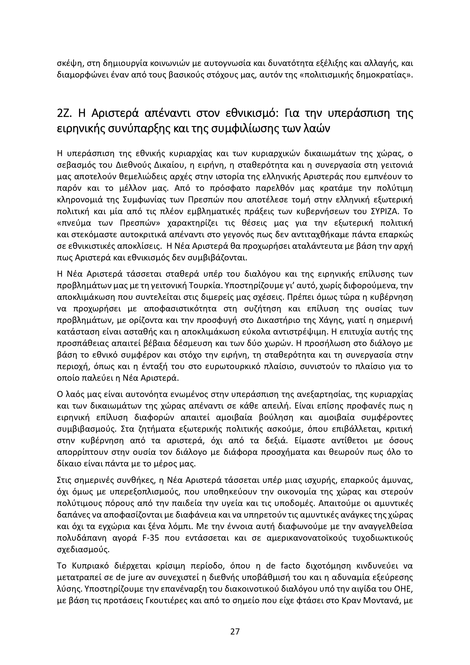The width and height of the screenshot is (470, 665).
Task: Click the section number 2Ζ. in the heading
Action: pyautogui.click(x=65, y=113)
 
